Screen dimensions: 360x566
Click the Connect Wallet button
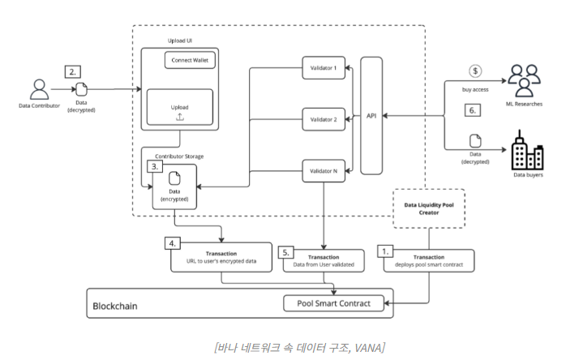pos(190,60)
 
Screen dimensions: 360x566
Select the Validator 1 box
pos(323,68)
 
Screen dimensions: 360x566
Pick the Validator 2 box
pos(323,119)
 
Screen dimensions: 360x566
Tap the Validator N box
pos(323,171)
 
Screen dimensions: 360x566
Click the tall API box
pos(371,116)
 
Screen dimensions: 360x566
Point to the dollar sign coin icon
pos(476,71)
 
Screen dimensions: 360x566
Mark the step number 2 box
pos(72,71)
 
